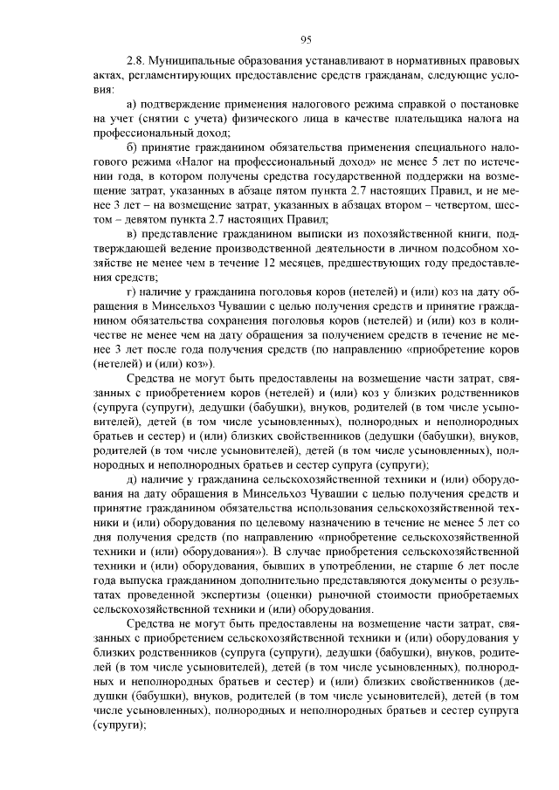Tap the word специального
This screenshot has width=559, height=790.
[445, 148]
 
